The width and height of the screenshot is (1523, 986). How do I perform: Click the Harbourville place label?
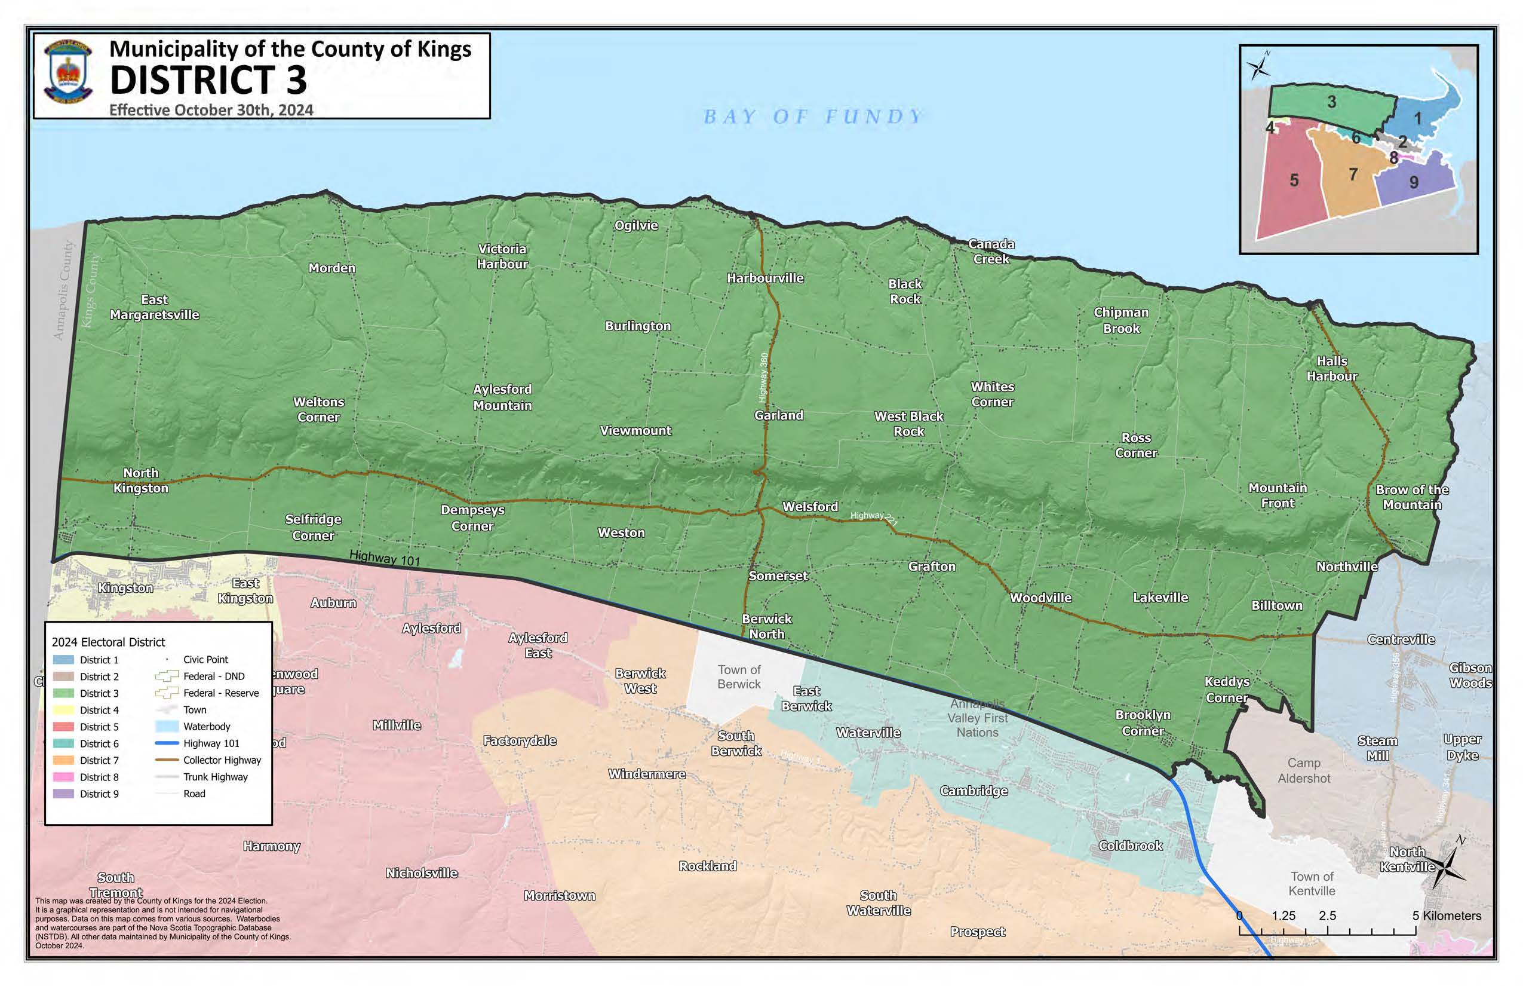click(x=764, y=278)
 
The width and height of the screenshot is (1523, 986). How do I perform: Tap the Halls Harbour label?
click(x=1332, y=369)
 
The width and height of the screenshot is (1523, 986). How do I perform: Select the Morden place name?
click(x=331, y=268)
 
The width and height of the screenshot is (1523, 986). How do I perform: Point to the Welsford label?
click(x=809, y=507)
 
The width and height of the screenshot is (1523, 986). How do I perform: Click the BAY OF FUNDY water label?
click(x=813, y=117)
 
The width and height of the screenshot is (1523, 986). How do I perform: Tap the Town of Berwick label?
click(x=739, y=676)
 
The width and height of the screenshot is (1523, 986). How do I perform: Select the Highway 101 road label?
click(x=385, y=558)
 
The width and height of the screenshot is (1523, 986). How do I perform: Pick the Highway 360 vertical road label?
click(x=763, y=378)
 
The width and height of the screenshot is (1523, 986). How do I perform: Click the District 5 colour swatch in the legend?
click(x=63, y=727)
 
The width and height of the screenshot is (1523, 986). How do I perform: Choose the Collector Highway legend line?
click(x=167, y=760)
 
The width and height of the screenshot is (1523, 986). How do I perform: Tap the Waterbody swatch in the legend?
click(x=167, y=727)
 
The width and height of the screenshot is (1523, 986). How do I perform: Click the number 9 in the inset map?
click(x=1414, y=182)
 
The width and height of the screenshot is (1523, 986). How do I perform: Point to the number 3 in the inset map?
click(x=1332, y=102)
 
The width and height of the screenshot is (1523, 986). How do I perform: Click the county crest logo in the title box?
click(x=69, y=71)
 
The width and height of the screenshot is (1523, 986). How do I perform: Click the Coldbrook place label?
click(x=1130, y=845)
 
